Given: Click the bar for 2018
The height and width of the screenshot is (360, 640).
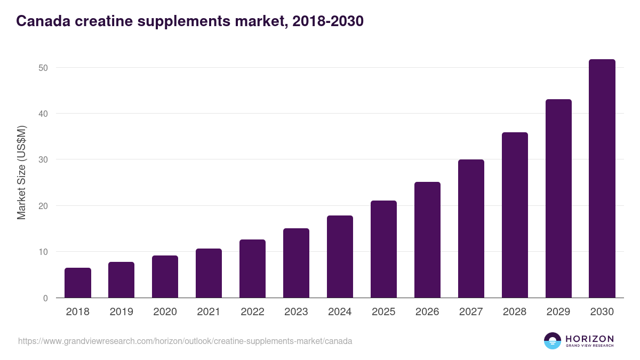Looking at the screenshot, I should (78, 283).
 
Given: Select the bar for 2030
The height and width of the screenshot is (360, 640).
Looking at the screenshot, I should (602, 179).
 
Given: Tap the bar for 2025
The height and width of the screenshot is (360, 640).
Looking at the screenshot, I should (383, 249).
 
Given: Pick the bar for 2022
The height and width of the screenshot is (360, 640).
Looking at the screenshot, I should (252, 269).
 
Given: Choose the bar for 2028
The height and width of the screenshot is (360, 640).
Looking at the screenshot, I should (515, 215).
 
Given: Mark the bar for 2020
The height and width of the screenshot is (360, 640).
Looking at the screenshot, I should (165, 277).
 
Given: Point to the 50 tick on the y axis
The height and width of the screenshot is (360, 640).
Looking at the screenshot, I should (43, 68).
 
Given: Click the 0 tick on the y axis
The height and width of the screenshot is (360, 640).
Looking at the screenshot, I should (46, 298).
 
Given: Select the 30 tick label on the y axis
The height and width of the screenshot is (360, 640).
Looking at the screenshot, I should (43, 160).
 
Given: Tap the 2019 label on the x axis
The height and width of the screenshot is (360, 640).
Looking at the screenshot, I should (122, 312).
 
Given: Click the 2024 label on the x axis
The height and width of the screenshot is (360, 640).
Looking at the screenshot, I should (340, 312).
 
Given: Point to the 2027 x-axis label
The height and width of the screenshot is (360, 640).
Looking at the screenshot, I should (471, 312).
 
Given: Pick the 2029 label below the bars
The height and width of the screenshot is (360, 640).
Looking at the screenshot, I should (558, 312).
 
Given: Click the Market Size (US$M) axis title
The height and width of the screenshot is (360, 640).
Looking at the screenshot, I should (21, 172).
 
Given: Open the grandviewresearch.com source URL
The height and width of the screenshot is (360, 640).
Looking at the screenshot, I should (185, 341).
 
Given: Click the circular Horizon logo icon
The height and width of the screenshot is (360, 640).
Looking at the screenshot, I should (553, 341).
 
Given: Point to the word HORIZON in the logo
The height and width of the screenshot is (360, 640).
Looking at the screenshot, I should (589, 339).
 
